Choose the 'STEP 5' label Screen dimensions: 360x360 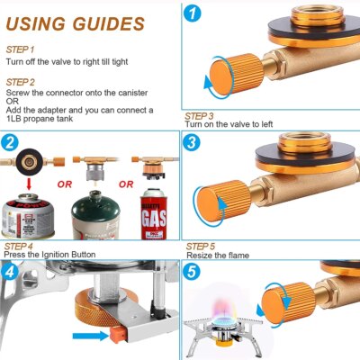pos(201,246)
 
